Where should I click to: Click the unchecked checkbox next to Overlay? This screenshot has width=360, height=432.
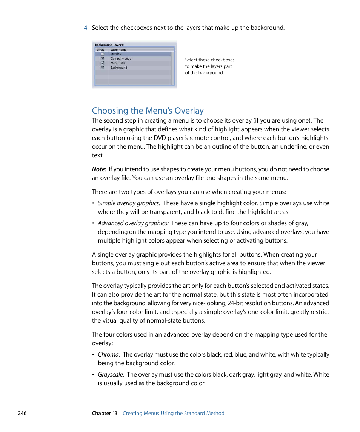(102, 54)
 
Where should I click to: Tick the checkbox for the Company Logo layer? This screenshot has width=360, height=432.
(102, 59)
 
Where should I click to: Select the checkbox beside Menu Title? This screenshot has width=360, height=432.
(102, 63)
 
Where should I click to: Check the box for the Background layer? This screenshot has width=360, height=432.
(102, 68)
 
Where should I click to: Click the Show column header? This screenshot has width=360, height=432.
(100, 49)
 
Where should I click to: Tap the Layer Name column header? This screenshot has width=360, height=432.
(118, 49)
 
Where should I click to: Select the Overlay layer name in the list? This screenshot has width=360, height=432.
(116, 54)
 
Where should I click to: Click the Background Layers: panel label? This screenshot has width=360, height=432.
(109, 45)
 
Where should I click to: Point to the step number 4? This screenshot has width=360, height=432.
(86, 28)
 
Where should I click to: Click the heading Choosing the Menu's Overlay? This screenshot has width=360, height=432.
(148, 111)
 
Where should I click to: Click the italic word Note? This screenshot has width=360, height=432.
(99, 169)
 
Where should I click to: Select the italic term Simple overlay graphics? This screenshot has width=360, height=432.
(129, 203)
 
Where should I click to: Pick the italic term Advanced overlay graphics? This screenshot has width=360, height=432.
(133, 223)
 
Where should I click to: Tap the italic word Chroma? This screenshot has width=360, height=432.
(109, 355)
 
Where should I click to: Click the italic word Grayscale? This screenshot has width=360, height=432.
(111, 375)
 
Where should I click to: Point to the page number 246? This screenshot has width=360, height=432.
(22, 413)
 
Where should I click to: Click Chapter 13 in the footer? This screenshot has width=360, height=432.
(105, 413)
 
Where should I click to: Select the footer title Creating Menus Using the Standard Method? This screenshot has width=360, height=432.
(173, 413)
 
